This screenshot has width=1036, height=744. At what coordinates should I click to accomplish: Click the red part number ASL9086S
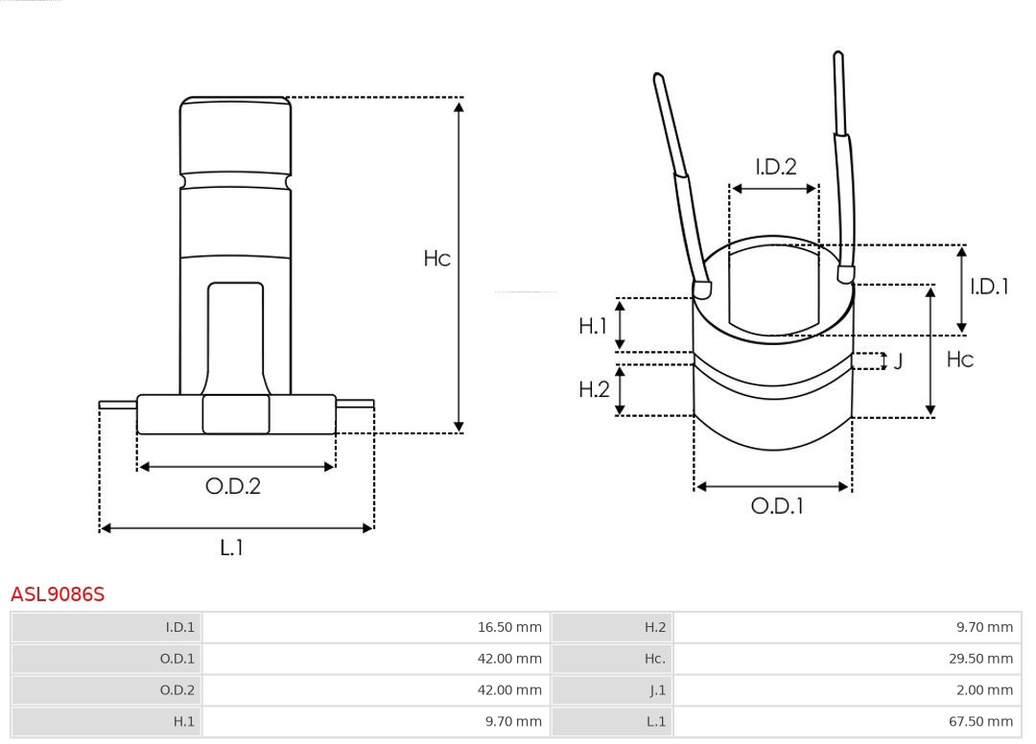[58, 594]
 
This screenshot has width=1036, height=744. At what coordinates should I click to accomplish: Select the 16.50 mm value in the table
[509, 628]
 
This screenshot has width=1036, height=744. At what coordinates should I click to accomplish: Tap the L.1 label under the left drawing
[231, 547]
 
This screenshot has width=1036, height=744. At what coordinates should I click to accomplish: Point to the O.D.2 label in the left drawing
[232, 486]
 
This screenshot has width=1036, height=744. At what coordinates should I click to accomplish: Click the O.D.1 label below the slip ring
[776, 506]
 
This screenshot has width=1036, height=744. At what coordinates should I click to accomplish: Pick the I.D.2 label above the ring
[775, 167]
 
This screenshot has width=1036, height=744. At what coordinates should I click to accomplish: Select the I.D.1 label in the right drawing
[989, 287]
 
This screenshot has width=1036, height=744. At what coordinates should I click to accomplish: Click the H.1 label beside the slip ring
[593, 326]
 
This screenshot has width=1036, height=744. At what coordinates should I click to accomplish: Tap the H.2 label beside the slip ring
[594, 389]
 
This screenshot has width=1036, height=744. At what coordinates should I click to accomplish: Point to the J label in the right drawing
[898, 361]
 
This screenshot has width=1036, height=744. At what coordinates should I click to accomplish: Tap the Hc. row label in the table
[654, 659]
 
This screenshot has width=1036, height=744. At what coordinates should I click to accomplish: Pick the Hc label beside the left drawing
[437, 259]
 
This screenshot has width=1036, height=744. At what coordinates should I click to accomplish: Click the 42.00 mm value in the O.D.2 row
[509, 690]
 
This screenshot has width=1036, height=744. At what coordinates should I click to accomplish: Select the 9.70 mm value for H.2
[984, 628]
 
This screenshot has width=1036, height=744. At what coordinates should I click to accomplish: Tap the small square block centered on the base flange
[236, 414]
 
